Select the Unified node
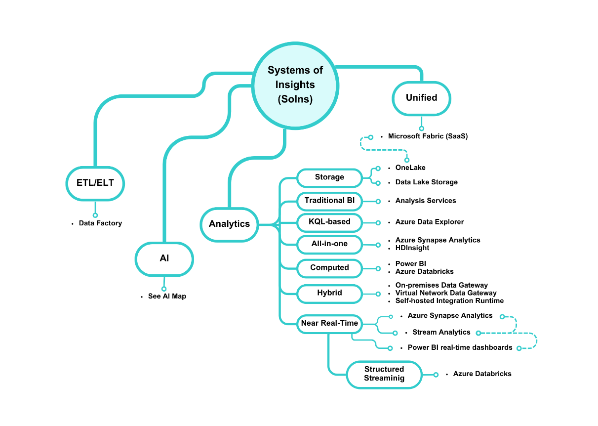(421, 98)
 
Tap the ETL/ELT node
(95, 183)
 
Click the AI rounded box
(164, 258)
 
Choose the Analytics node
(229, 224)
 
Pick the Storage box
(329, 177)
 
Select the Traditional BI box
(329, 201)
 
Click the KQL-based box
(329, 222)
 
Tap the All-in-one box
(329, 244)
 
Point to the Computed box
(329, 267)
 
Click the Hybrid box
(329, 293)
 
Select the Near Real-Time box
(329, 323)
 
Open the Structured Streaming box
(384, 374)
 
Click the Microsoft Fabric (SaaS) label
(428, 136)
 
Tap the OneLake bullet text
(410, 168)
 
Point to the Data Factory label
(100, 223)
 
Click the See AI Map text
(167, 297)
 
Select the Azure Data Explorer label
(429, 222)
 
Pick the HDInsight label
(412, 248)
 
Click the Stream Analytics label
(441, 332)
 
